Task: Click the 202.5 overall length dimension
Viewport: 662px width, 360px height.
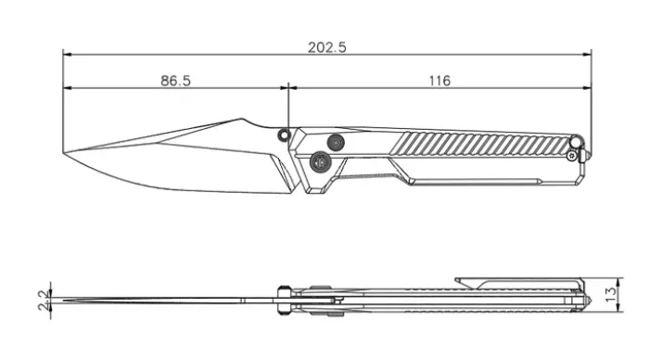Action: (326, 47)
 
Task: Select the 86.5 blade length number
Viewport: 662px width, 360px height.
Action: (175, 81)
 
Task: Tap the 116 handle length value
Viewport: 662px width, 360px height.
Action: (439, 81)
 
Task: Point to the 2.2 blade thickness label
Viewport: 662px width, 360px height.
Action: (45, 301)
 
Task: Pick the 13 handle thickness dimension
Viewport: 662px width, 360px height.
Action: (611, 294)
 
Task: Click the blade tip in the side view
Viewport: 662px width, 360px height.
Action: (63, 152)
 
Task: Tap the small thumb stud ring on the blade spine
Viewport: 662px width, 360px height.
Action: (284, 135)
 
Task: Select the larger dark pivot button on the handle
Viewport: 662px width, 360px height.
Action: (320, 161)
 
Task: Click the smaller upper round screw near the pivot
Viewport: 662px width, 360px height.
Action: (336, 142)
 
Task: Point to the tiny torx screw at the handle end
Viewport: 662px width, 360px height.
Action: (572, 156)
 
